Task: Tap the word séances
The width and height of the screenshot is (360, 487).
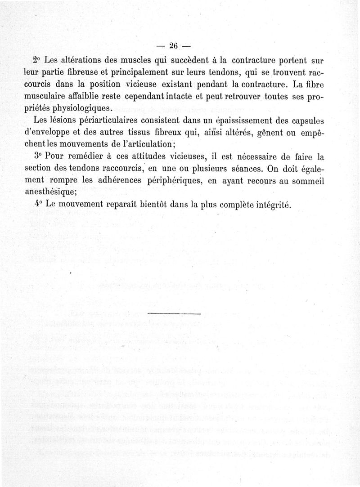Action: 236,169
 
